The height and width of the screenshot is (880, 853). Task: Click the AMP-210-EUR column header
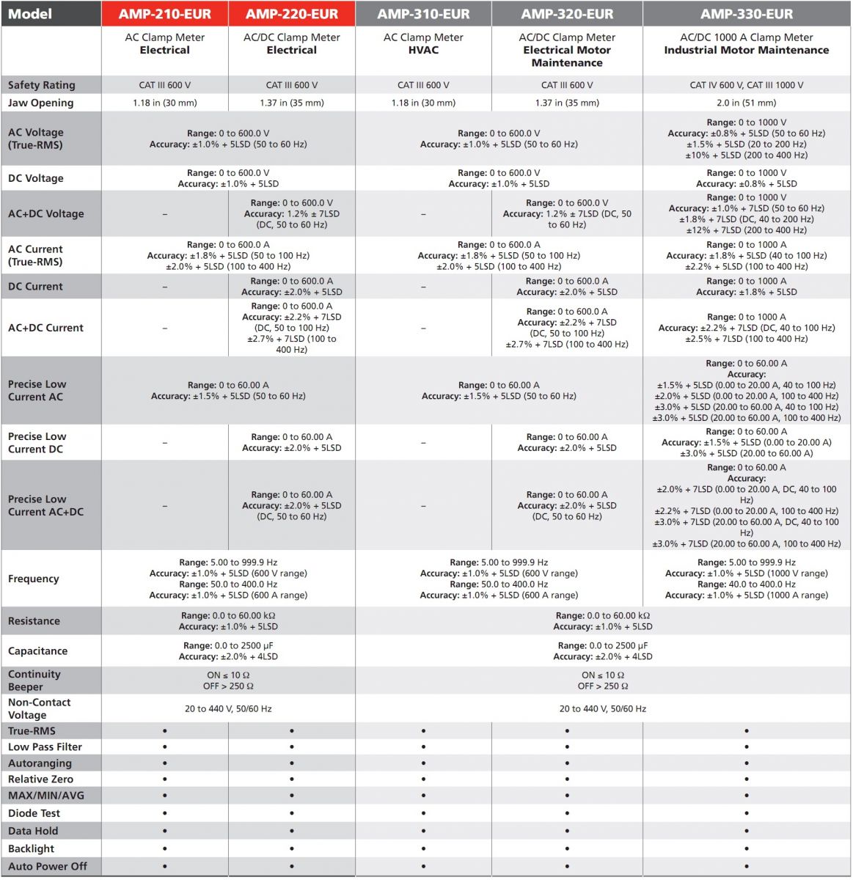point(164,14)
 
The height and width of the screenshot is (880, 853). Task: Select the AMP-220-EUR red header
point(292,14)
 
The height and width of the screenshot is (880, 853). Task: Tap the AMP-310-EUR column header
point(423,14)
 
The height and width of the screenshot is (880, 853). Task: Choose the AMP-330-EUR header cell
point(746,14)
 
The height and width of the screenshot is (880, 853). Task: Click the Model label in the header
point(30,14)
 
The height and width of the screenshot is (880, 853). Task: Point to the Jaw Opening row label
point(40,103)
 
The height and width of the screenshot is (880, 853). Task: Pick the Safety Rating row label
point(41,85)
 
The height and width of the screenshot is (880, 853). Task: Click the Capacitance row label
point(37,651)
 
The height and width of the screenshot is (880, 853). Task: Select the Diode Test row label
point(34,813)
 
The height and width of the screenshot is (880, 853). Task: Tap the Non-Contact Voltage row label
point(39,708)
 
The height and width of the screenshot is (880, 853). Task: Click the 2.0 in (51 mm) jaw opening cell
point(746,103)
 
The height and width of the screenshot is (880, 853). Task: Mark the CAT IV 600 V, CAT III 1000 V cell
point(746,85)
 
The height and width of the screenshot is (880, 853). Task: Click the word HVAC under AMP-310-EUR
point(423,50)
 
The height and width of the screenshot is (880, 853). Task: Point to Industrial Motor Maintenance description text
point(746,50)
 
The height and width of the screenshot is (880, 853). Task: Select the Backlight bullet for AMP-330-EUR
point(746,848)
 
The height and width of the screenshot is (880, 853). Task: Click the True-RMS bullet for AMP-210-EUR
point(164,731)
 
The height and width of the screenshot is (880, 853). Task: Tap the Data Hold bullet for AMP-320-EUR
point(567,831)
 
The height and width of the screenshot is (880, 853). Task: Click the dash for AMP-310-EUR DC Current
point(423,287)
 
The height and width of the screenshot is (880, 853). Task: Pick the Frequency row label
point(33,579)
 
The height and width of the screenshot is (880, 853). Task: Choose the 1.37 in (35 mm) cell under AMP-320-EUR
point(567,103)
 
